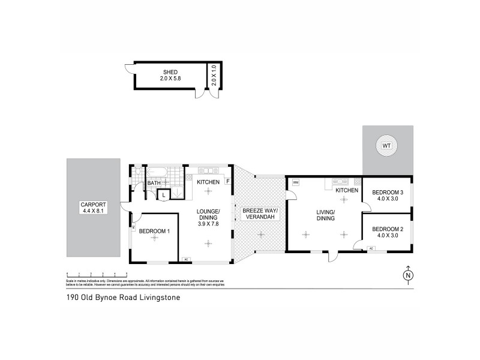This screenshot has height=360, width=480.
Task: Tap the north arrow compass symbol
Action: tap(408, 275)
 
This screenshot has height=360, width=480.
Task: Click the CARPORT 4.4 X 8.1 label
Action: tap(92, 208)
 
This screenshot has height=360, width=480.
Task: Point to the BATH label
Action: tap(154, 183)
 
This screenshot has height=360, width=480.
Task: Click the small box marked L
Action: tap(163, 194)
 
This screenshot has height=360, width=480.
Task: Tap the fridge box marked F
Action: tap(227, 182)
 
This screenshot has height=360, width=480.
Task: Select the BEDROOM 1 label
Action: tap(154, 231)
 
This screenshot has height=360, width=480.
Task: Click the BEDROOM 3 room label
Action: tap(387, 196)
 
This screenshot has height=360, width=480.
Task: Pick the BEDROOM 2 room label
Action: tap(387, 232)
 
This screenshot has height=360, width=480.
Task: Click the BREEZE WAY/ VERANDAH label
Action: tap(259, 214)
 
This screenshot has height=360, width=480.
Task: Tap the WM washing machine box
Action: tap(295, 182)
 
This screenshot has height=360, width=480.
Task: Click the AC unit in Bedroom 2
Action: tap(371, 248)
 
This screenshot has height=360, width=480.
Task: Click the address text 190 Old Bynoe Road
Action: tap(122, 296)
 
